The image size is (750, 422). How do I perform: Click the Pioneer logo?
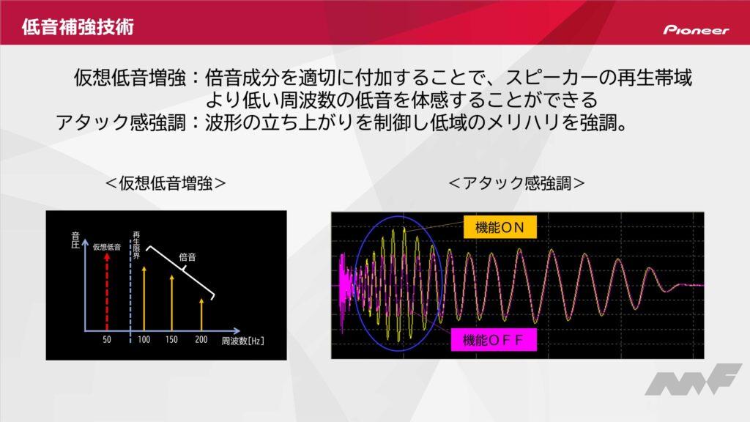coord(696,29)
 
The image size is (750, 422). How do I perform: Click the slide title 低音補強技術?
coord(78,27)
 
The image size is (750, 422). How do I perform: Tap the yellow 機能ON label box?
coord(500,227)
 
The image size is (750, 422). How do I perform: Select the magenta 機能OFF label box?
coord(493,340)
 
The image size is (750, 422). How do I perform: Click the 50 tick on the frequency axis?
coord(107,339)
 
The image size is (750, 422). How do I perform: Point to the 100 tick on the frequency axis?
coord(144,339)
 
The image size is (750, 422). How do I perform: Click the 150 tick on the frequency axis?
coord(171,339)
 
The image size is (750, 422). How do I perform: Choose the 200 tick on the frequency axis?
coord(201,339)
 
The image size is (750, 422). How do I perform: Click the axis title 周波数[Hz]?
coord(242,341)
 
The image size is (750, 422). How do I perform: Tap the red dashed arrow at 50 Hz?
coord(107,292)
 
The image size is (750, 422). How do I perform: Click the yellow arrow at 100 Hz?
coord(144,299)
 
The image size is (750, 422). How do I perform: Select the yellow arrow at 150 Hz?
coord(171,303)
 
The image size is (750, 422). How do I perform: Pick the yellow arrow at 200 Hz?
coord(201,314)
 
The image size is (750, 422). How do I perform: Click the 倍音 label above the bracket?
coord(187,257)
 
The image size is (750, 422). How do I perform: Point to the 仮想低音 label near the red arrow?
coord(107,247)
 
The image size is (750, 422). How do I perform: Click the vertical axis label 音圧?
coord(75,240)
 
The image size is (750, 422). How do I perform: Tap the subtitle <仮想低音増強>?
coord(166,182)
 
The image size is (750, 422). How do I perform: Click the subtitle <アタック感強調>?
coord(516,182)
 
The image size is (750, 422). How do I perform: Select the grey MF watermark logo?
coord(693,380)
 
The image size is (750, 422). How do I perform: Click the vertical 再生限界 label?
coord(136,245)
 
